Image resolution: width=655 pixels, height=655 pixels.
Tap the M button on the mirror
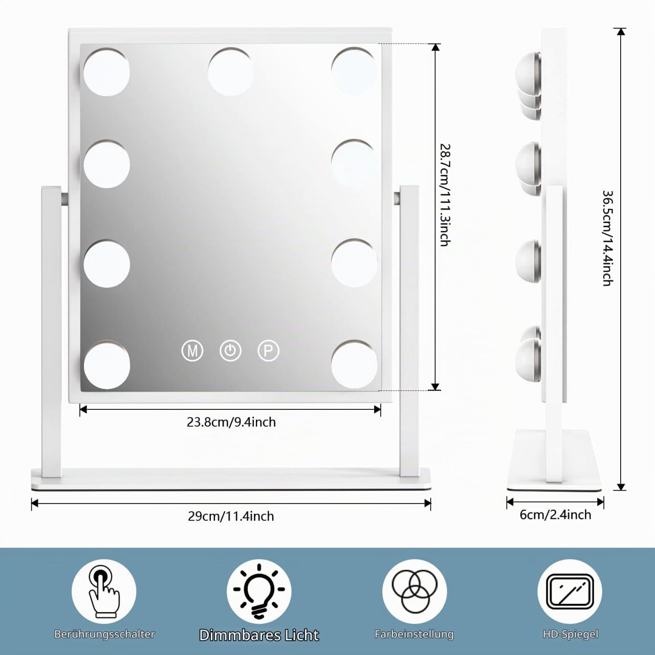[192, 351]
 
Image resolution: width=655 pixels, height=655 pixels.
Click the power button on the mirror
[230, 351]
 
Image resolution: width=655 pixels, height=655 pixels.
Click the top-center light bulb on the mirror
[231, 72]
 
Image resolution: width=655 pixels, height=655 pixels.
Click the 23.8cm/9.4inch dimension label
[231, 422]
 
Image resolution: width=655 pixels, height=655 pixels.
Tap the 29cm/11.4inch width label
[231, 516]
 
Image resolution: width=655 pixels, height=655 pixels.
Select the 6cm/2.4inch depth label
[555, 515]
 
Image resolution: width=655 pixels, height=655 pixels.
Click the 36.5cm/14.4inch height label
[608, 238]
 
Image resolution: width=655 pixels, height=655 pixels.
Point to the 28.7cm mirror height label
[445, 195]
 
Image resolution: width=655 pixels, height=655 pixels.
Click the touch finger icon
[104, 592]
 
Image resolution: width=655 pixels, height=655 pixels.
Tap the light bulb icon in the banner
[259, 592]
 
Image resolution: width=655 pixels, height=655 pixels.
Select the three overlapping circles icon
[414, 592]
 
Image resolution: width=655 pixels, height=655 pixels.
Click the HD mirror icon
[570, 592]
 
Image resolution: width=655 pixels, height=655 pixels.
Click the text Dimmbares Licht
[259, 635]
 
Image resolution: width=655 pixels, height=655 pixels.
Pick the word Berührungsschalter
[104, 634]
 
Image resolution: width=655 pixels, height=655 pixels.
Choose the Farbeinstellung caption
[414, 634]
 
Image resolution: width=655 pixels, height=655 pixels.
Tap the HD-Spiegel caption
[571, 634]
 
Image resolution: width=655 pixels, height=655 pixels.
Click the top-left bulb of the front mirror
[107, 72]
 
